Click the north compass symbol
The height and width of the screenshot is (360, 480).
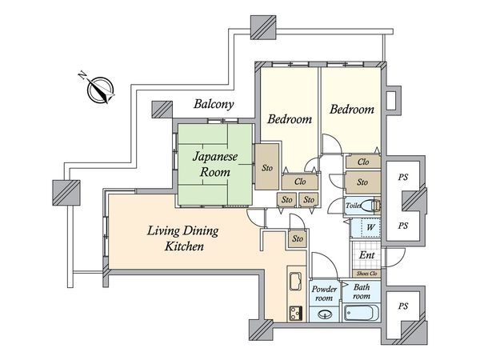[x=101, y=90]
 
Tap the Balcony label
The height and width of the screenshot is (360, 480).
[x=214, y=104]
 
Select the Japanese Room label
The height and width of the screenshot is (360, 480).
[x=215, y=164]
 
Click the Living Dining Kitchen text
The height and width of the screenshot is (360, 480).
[x=183, y=238]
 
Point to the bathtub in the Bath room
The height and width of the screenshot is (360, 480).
[x=362, y=313]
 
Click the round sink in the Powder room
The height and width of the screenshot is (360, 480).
[x=325, y=314]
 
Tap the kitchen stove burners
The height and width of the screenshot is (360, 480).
[x=296, y=313]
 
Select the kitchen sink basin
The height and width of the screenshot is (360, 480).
[x=295, y=281]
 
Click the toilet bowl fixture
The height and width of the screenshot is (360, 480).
[x=372, y=206]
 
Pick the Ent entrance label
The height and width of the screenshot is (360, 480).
[x=366, y=255]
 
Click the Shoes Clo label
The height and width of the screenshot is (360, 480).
[x=366, y=274]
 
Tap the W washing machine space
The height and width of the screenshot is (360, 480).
[x=371, y=227]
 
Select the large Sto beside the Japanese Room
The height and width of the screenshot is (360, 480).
[x=267, y=167]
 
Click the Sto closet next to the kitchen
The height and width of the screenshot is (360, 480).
[x=298, y=238]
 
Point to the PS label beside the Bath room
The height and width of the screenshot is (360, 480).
[x=403, y=306]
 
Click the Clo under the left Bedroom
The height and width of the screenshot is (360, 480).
[x=300, y=182]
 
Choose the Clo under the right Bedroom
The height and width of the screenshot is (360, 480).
[x=363, y=162]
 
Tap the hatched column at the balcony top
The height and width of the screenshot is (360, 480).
[x=263, y=27]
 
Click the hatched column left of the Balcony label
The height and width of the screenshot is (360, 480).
[x=162, y=110]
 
